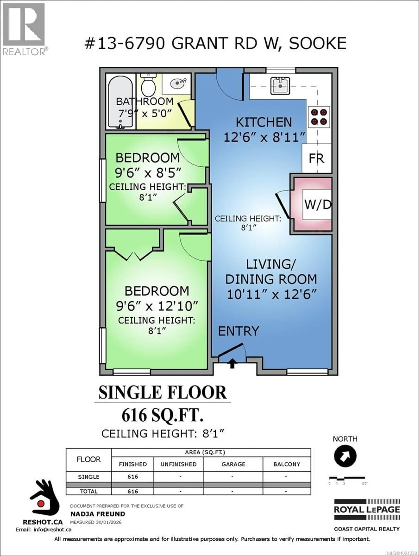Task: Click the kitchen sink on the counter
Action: (x=280, y=85)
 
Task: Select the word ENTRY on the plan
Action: (x=238, y=331)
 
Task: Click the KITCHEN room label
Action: (x=264, y=122)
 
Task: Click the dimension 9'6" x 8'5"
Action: (x=148, y=173)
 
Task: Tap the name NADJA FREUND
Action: (x=97, y=514)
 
